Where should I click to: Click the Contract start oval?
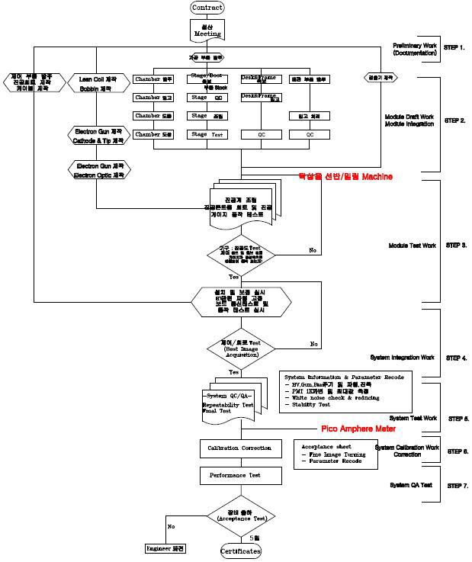(x=207, y=8)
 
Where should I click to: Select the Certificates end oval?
(x=241, y=551)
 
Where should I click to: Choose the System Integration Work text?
(x=402, y=357)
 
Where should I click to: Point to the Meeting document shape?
(x=207, y=30)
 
